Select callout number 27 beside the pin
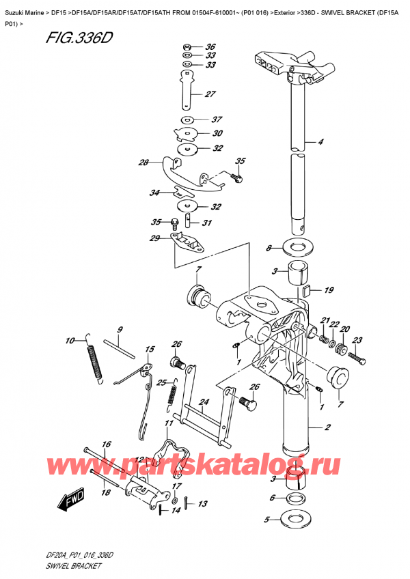click(210, 94)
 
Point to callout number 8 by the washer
click(269, 247)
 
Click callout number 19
click(329, 290)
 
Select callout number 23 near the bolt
click(356, 341)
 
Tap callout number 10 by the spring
click(70, 341)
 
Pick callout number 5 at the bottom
click(268, 520)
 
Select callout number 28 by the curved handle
click(143, 163)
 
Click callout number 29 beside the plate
click(154, 238)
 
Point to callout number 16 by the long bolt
click(107, 444)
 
